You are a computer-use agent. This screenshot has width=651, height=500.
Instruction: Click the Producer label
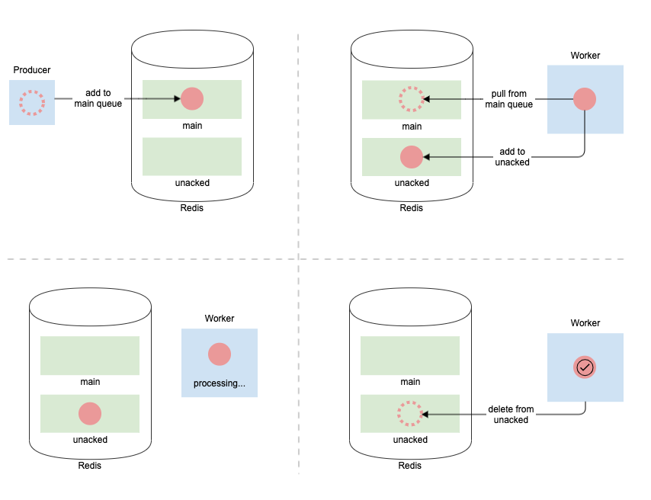point(32,70)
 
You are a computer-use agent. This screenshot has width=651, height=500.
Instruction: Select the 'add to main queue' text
point(98,98)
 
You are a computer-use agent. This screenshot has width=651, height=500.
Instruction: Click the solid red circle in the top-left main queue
point(192,99)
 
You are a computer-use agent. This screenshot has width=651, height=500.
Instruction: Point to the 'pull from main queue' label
point(509,99)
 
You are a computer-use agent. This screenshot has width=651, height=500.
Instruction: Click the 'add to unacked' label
point(512,157)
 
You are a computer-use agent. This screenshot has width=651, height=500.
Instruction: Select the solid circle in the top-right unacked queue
point(412,157)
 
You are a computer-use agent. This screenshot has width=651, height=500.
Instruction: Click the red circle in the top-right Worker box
point(585,99)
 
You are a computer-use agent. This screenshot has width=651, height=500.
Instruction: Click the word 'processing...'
point(220,383)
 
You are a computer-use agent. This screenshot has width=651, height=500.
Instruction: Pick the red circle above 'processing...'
point(220,354)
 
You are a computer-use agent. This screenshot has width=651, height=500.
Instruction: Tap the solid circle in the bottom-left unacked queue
point(90,414)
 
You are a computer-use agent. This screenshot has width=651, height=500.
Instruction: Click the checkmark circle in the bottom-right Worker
point(585,367)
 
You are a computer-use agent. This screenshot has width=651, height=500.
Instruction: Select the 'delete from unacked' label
point(511,415)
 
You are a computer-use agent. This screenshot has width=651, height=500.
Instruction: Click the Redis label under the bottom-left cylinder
point(90,466)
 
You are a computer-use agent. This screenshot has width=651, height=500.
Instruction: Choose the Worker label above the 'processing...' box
point(220,319)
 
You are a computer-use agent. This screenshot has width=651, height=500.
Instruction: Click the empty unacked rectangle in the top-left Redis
point(192,156)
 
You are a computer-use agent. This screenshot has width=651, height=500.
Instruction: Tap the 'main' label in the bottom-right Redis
point(410,382)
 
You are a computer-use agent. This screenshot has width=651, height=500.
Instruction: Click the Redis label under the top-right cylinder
point(411,208)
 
